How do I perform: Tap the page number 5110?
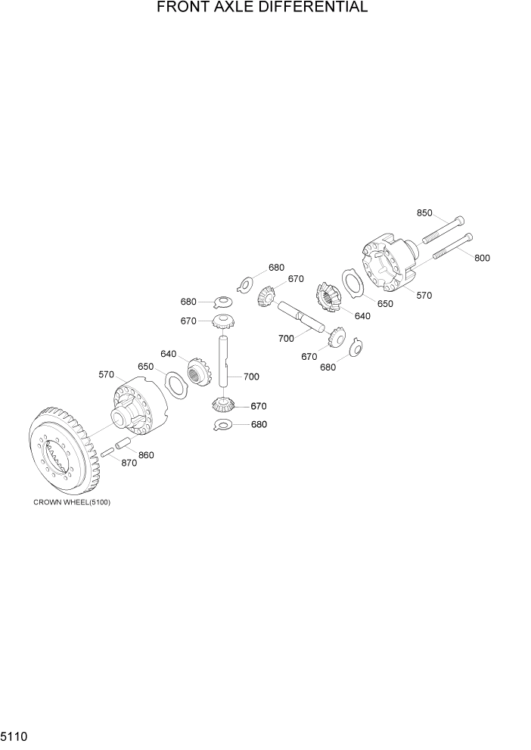coord(16,735)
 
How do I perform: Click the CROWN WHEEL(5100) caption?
coord(72,503)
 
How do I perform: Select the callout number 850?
coord(425,214)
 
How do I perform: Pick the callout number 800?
coord(482,258)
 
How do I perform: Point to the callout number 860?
coord(146,455)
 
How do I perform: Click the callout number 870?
coord(129,463)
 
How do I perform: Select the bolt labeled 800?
coord(452,247)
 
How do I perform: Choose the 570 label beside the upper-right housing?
coord(424,296)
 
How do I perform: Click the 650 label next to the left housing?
coord(145,367)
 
